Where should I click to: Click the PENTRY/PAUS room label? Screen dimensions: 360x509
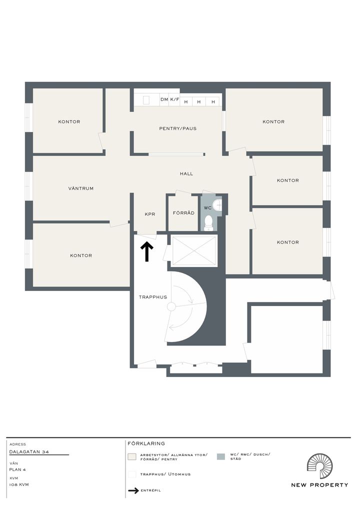(x=177, y=128)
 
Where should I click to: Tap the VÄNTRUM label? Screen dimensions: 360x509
(x=81, y=188)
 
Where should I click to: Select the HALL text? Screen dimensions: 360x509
(x=186, y=173)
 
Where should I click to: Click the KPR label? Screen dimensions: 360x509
(x=150, y=214)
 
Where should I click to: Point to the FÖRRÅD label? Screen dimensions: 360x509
(x=183, y=213)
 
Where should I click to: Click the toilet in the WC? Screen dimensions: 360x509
(x=208, y=222)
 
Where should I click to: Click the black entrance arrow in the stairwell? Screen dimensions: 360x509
(x=146, y=251)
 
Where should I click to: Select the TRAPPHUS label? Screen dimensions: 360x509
(x=153, y=297)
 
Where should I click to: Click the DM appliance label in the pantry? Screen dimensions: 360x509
(x=164, y=99)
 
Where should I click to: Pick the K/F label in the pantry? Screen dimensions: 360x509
(x=174, y=99)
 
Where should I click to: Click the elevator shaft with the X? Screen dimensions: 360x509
(x=194, y=251)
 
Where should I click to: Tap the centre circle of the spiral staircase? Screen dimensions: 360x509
(x=171, y=306)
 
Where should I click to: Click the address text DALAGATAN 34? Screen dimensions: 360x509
(x=29, y=451)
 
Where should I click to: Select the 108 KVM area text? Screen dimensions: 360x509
(x=19, y=484)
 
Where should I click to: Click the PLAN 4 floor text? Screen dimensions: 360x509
(x=17, y=469)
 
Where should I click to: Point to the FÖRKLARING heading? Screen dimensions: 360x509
(x=146, y=443)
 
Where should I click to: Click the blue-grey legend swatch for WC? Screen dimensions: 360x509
(x=220, y=456)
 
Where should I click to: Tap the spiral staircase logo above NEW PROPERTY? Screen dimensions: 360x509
(x=319, y=466)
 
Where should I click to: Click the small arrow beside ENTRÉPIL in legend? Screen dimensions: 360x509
(x=133, y=490)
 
